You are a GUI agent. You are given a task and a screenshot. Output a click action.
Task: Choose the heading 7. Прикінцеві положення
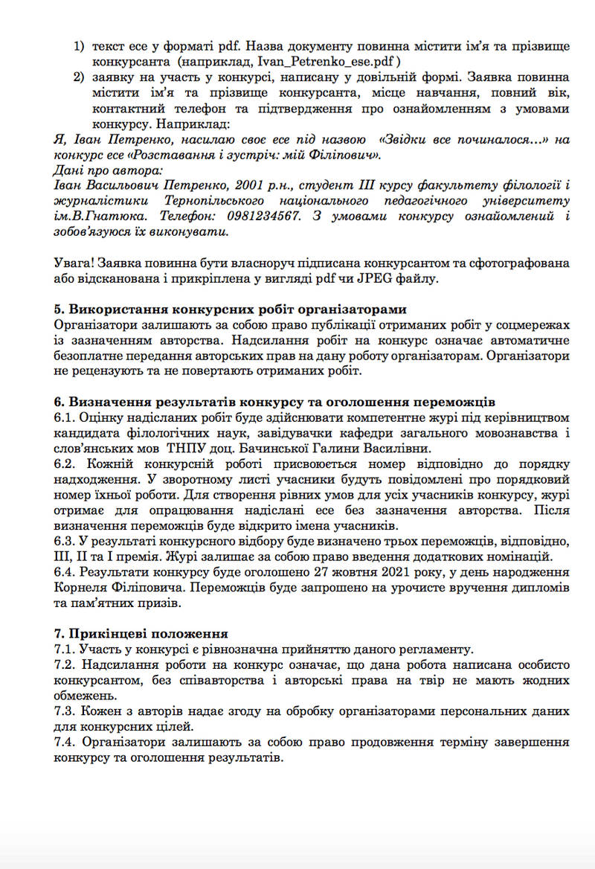[141, 634]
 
